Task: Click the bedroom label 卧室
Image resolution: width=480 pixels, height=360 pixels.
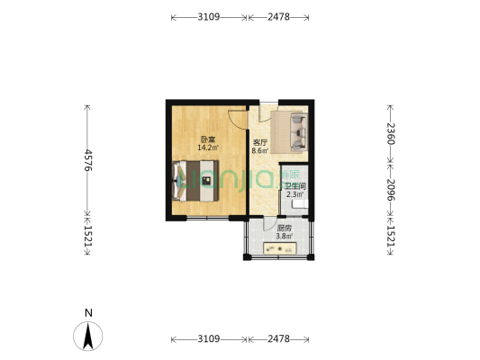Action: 207,139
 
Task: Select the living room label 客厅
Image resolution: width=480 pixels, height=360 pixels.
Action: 260,143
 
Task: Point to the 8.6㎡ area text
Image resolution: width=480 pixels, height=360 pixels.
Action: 260,151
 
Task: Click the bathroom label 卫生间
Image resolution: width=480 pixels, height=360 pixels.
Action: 294,186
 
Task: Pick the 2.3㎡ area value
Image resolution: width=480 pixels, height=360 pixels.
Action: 294,194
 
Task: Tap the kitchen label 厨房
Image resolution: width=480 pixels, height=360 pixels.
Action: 284,229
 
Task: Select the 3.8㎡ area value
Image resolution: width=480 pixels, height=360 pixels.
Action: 284,237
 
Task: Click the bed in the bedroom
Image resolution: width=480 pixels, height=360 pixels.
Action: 198,182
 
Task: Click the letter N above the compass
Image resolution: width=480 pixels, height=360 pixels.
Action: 87,313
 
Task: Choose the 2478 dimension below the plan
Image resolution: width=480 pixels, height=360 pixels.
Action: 278,338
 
